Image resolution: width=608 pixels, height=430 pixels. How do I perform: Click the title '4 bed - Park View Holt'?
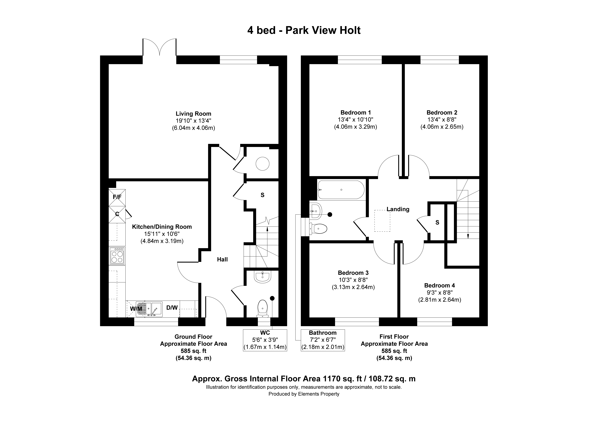(x=304, y=30)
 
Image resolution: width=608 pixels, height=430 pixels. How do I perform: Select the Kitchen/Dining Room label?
(x=162, y=227)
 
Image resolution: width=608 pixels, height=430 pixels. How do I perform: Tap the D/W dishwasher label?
(x=172, y=308)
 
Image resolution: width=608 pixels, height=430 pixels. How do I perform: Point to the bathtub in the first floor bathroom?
(x=341, y=190)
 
